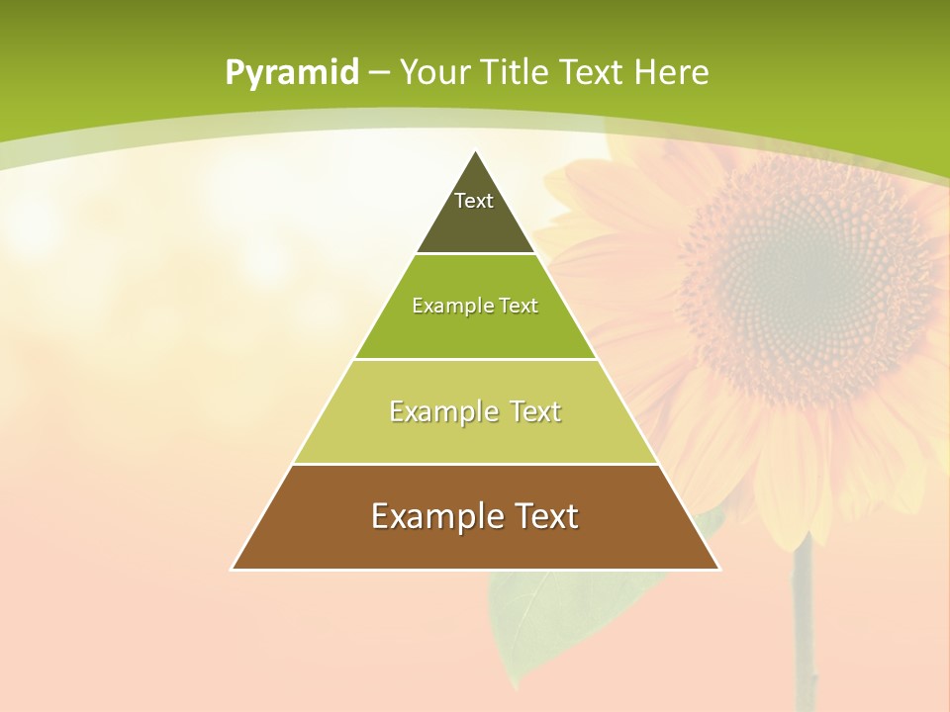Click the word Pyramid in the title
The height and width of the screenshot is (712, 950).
[x=291, y=73]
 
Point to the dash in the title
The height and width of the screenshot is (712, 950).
[x=379, y=73]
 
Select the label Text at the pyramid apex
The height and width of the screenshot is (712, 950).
[x=474, y=201]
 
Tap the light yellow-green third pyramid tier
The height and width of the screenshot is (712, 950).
[x=475, y=435]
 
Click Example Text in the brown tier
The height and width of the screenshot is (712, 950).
[x=475, y=516]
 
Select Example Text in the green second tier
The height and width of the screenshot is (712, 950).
[x=475, y=306]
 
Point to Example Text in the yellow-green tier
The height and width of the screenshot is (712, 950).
[x=475, y=410]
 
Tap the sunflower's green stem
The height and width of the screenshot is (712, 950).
[x=804, y=623]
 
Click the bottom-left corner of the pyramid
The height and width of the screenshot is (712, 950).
[x=233, y=569]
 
